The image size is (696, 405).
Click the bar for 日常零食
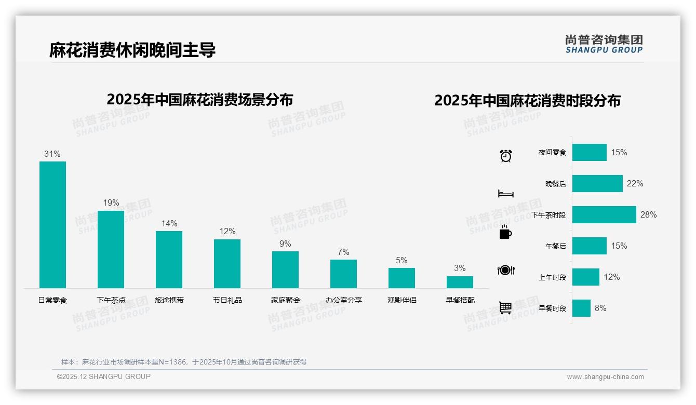pos(52,224)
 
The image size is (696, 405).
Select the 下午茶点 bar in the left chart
pos(111,249)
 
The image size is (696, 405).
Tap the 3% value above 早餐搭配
pos(460,268)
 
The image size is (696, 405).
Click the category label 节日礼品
pos(227,300)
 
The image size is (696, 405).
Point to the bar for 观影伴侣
pos(401,278)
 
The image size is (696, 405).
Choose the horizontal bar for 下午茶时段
pos(604,214)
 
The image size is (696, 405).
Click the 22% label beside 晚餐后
pos(635,183)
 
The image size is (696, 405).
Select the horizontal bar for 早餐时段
pos(581,308)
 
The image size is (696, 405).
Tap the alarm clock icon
pos(505,156)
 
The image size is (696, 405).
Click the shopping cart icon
pos(505,307)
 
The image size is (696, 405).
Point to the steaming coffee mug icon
pos(505,232)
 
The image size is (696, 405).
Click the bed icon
pos(505,194)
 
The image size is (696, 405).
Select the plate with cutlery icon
pos(505,270)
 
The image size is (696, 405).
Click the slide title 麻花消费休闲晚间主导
pos(132,50)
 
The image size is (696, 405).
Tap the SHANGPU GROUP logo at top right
pos(604,44)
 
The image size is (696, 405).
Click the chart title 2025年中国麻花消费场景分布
pos(200,99)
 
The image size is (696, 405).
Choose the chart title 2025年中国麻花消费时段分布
pos(527,100)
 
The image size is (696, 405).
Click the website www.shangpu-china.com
pos(605,377)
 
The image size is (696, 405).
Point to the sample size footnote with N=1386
pos(184,362)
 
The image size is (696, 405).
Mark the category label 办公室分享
pos(343,300)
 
